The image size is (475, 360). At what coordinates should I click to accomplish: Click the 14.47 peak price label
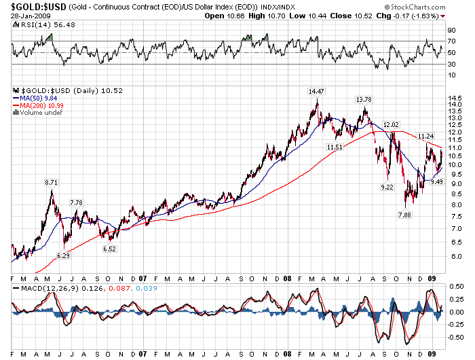pyautogui.click(x=316, y=91)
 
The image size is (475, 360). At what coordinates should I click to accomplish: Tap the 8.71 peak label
pyautogui.click(x=51, y=183)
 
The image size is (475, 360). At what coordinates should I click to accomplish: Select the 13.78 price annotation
pyautogui.click(x=364, y=99)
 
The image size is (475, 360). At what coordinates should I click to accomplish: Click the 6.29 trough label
pyautogui.click(x=63, y=255)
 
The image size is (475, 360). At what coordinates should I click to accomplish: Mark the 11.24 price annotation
pyautogui.click(x=425, y=136)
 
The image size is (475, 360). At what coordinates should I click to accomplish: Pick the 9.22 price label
pyautogui.click(x=386, y=187)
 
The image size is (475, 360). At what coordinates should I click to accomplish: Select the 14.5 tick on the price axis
pyautogui.click(x=455, y=98)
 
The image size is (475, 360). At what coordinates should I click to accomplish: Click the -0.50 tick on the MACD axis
pyautogui.click(x=456, y=335)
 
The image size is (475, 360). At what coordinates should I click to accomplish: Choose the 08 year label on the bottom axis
pyautogui.click(x=288, y=278)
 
